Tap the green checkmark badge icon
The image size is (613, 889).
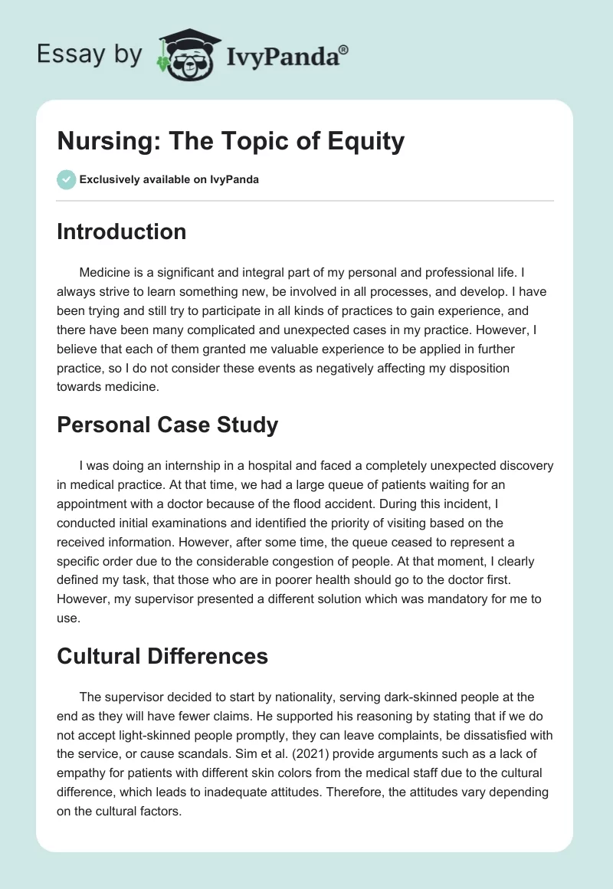pyautogui.click(x=66, y=180)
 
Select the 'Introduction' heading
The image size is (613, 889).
pyautogui.click(x=121, y=231)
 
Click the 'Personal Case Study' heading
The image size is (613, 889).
pyautogui.click(x=167, y=426)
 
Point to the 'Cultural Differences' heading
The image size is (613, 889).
pyautogui.click(x=162, y=656)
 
